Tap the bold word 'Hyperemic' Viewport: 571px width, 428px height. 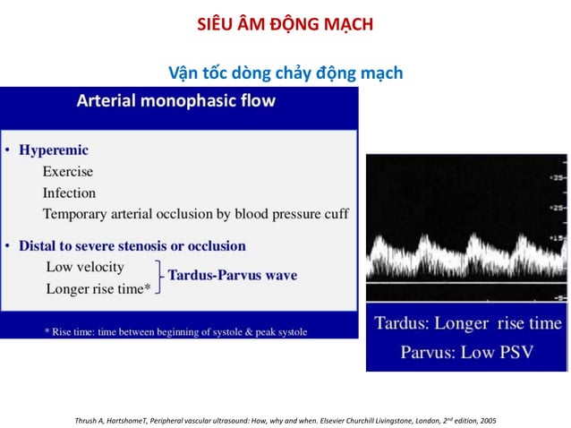tap(55, 150)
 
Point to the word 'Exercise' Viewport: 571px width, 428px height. tap(67, 171)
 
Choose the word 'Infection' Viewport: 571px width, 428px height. tap(69, 193)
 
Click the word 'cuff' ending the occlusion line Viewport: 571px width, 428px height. tap(335, 214)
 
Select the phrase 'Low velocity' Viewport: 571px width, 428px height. tap(85, 267)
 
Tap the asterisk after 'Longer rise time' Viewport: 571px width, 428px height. tap(148, 288)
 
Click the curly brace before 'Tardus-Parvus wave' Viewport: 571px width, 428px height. tap(159, 277)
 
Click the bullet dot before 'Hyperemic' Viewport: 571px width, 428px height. tap(7, 151)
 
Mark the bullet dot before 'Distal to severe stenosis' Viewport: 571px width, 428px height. tap(7, 246)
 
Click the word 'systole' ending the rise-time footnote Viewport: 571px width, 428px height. tap(287, 331)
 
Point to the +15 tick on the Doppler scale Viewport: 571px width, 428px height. tap(557, 237)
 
